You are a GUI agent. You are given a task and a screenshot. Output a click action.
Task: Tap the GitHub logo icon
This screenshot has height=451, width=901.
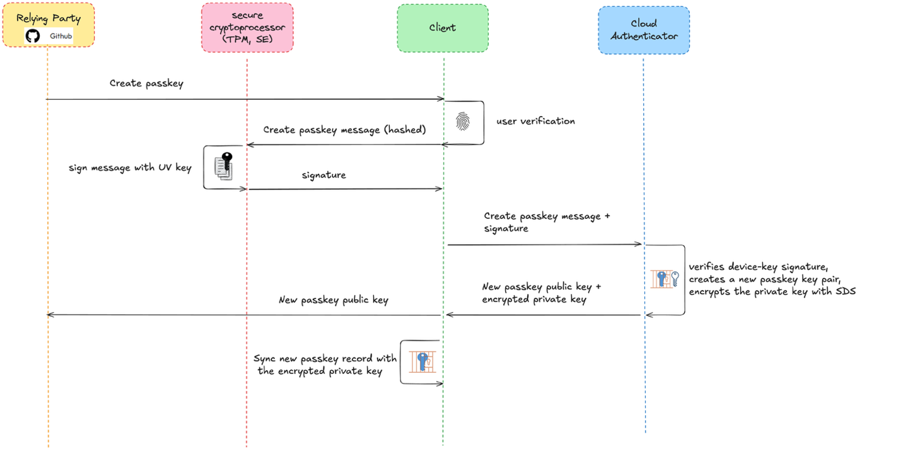(x=33, y=36)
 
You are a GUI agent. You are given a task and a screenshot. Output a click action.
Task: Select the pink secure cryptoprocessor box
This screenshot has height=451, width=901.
(x=247, y=27)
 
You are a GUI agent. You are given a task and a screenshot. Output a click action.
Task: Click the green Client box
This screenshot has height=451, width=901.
(x=443, y=28)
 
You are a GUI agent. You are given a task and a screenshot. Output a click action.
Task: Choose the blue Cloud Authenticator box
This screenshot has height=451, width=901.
(x=643, y=30)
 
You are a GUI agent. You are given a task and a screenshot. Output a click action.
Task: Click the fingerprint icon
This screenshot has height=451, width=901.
(x=463, y=121)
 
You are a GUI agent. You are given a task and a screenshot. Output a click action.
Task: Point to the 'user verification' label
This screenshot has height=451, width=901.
(x=535, y=121)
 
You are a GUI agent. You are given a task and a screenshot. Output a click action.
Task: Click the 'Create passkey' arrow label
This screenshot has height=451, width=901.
(x=146, y=83)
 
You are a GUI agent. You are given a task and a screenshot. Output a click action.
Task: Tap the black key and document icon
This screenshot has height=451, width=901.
(x=223, y=166)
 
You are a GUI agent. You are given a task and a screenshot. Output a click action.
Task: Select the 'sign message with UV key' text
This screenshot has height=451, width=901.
(x=130, y=168)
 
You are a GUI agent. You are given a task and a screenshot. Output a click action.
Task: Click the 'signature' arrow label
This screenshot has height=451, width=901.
(x=323, y=175)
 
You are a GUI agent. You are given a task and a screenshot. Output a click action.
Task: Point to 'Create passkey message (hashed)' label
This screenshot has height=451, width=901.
(x=344, y=130)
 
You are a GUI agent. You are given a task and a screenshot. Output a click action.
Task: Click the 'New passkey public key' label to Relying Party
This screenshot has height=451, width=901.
(x=333, y=300)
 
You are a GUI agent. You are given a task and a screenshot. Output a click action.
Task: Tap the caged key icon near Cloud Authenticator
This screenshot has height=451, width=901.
(x=665, y=279)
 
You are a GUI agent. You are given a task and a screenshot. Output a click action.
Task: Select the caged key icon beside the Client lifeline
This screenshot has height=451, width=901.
(x=422, y=361)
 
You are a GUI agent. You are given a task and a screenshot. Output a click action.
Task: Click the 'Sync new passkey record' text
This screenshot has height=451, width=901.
(x=325, y=365)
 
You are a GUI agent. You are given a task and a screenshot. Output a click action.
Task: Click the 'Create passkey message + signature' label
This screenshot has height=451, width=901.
(x=547, y=222)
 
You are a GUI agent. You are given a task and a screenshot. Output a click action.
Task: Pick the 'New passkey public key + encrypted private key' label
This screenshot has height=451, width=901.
(x=541, y=293)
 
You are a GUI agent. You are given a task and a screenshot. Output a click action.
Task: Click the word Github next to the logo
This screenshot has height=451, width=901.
(x=61, y=36)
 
